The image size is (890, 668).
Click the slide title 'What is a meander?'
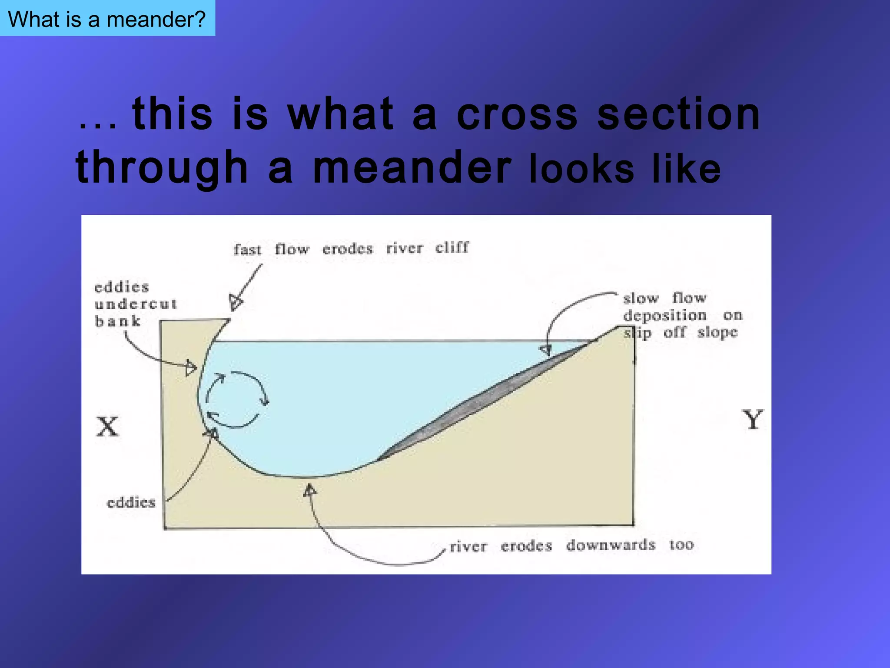[106, 19]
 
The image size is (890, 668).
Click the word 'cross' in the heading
[517, 114]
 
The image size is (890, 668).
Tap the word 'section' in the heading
[678, 114]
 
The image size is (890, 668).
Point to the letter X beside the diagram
[107, 427]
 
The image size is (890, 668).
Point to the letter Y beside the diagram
[752, 420]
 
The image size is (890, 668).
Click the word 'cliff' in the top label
[452, 247]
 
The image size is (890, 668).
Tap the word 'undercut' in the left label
[136, 304]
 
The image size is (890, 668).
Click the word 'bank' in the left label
[117, 321]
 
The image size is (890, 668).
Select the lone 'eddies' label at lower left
[131, 503]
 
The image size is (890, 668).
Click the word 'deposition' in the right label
[665, 315]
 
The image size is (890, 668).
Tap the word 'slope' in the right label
[717, 333]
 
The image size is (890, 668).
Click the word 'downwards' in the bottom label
[611, 545]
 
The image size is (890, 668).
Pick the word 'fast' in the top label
[247, 250]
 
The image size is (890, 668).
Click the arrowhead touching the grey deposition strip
[546, 350]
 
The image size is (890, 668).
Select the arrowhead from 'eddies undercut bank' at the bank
[191, 368]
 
